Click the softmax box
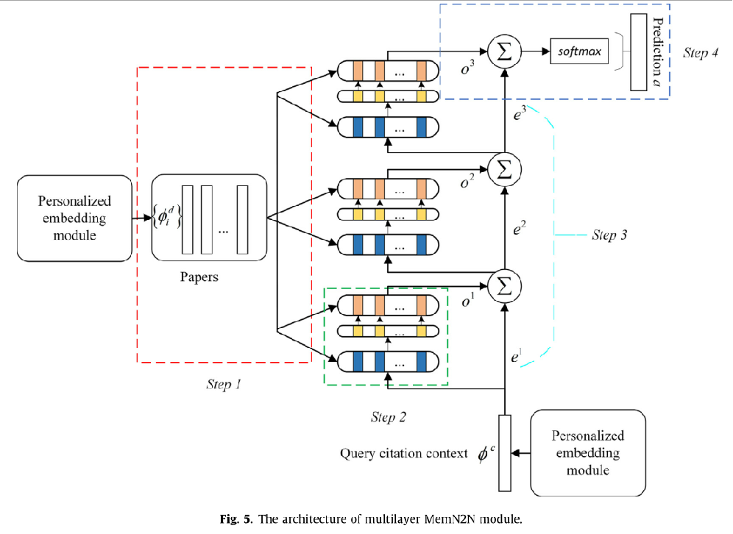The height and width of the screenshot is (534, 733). point(579,53)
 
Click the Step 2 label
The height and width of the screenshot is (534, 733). point(389,417)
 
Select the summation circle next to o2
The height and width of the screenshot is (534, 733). point(505,168)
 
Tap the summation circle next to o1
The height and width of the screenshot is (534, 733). point(505,285)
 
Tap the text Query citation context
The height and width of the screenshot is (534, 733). point(403,453)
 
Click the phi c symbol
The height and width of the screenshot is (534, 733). point(484,453)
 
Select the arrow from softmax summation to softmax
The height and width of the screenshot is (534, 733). point(535,53)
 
